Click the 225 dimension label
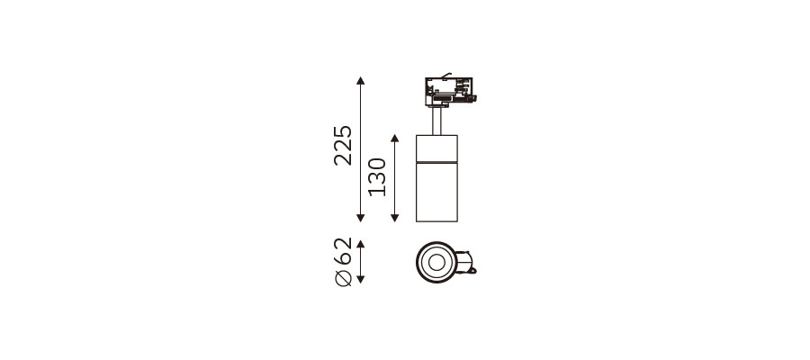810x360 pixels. [343, 145]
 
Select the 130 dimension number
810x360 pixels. [377, 177]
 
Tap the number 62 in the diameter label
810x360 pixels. [343, 250]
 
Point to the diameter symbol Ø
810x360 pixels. [343, 278]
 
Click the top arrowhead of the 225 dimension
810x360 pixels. [361, 81]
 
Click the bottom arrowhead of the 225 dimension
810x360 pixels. [361, 218]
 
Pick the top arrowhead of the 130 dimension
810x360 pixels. [395, 139]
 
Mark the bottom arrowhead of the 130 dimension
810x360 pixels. [395, 218]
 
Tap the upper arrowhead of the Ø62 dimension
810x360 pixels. [361, 244]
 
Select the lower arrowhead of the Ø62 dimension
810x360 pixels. [361, 279]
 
